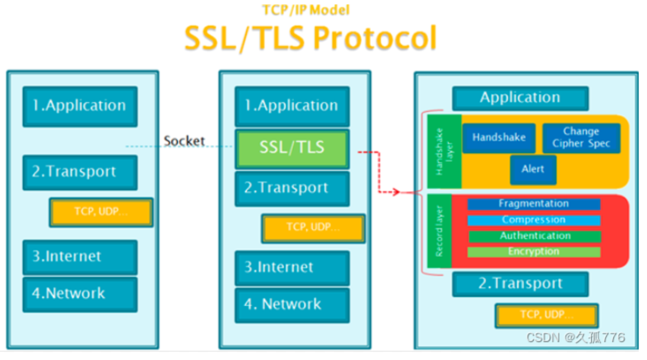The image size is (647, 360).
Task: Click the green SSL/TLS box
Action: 292,148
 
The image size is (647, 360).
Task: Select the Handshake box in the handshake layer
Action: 498,138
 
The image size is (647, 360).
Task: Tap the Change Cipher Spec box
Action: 581,138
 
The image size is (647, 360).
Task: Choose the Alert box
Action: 533,170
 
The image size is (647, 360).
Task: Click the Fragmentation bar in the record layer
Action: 533,204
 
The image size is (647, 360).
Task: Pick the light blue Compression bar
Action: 533,220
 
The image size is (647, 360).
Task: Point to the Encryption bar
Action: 533,252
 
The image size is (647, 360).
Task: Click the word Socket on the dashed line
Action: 184,142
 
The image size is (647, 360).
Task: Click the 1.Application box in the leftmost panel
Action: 80,106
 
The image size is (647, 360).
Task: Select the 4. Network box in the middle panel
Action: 292,304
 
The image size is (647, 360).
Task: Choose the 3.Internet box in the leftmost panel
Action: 80,257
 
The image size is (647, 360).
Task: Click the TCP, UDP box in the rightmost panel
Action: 546,315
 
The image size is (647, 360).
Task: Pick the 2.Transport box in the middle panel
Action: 292,188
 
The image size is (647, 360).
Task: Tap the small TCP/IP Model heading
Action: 306,10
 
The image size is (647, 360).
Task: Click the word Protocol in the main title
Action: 375,39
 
